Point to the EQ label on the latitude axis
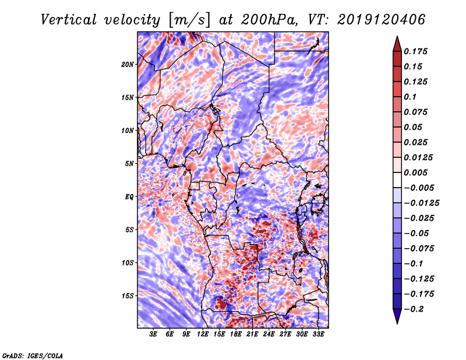pyautogui.click(x=129, y=197)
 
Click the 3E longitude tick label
pyautogui.click(x=154, y=334)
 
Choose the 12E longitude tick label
pyautogui.click(x=203, y=334)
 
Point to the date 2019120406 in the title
pyautogui.click(x=373, y=19)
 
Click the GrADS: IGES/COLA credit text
pyautogui.click(x=33, y=355)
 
